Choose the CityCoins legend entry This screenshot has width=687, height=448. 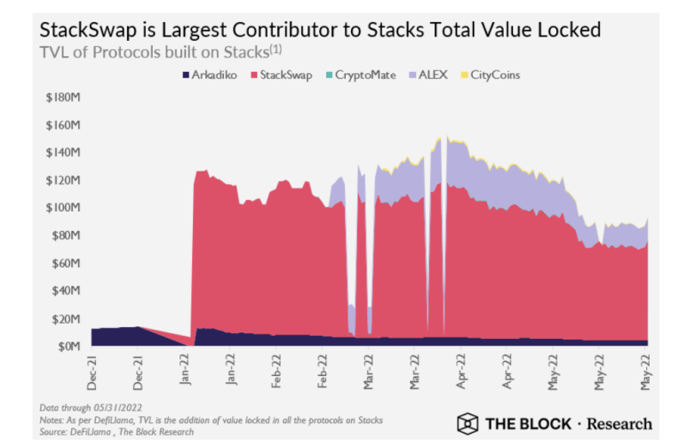pos(492,76)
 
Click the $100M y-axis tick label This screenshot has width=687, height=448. pos(63,207)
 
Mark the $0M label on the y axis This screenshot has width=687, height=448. pos(68,346)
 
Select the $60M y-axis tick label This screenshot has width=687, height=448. pos(66,263)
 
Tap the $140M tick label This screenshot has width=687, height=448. pos(63,152)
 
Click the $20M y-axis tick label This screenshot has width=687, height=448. pos(66,318)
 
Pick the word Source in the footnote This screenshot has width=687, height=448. pos(56,431)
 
